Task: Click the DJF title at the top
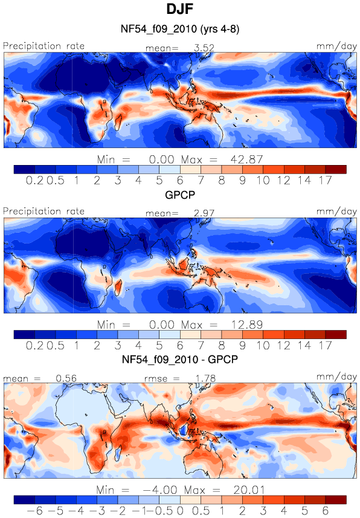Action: [179, 9]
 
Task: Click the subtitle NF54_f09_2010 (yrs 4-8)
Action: [180, 29]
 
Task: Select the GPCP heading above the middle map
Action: [180, 195]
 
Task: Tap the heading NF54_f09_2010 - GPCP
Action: [180, 360]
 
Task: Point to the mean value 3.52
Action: [204, 48]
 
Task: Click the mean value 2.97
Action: [204, 213]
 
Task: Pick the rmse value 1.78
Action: [205, 378]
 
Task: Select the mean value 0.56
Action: [66, 378]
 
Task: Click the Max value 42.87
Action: [246, 160]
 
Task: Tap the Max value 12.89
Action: [246, 325]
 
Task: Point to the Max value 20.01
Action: [249, 490]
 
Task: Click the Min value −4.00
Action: [160, 490]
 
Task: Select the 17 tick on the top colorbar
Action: [325, 180]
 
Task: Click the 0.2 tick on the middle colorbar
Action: [34, 346]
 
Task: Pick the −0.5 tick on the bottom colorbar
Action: [166, 511]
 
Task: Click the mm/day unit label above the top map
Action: [336, 47]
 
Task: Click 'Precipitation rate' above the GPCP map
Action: [43, 211]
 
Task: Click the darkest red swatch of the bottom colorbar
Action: [336, 499]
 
